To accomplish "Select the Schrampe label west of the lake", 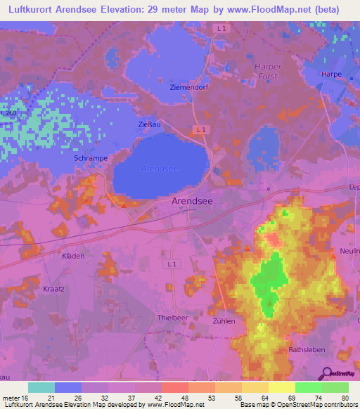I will click(91, 159).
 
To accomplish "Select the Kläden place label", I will click(73, 256).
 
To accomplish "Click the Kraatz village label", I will click(53, 289).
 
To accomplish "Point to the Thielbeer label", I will click(172, 318).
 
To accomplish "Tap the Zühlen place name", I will click(223, 320).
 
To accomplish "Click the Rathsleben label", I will click(305, 349).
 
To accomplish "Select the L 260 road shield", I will click(8, 114).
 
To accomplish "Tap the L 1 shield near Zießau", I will click(201, 129).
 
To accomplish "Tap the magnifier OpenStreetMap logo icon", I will click(326, 374).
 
